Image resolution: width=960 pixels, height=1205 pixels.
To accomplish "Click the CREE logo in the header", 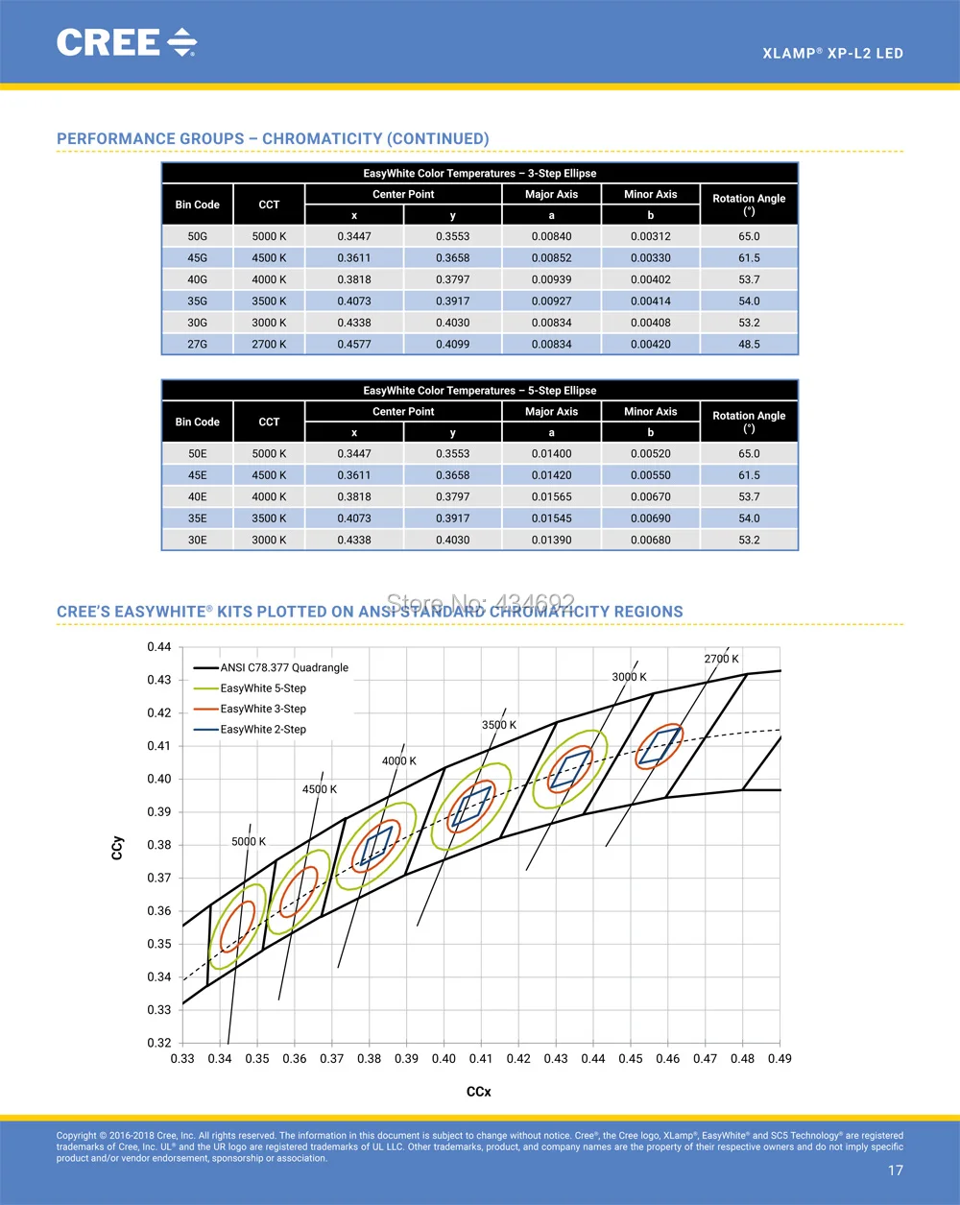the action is [x=127, y=42].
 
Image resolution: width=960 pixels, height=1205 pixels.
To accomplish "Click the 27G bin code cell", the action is [x=197, y=345].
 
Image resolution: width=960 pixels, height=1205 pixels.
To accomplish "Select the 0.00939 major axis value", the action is [x=551, y=279].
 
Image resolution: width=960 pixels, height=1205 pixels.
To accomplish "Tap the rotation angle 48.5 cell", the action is [x=749, y=345].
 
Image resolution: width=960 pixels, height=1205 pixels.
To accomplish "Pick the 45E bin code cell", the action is [x=197, y=475].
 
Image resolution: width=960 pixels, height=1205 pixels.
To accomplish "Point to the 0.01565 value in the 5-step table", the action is [x=551, y=496].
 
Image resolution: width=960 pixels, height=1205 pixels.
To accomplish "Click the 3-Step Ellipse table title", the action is [x=480, y=173].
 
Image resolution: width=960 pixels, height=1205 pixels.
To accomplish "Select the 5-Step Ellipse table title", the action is [x=480, y=390].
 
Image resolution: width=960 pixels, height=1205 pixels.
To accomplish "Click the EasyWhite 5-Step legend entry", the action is [x=250, y=688].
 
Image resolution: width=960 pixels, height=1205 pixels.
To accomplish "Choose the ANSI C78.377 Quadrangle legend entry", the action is [x=271, y=667].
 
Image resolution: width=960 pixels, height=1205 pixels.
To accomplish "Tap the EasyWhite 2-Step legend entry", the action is [x=250, y=729].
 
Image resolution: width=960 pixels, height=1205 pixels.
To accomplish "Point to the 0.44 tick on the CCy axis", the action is [x=159, y=647].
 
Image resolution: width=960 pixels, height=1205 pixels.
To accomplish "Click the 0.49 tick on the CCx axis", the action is [x=780, y=1058].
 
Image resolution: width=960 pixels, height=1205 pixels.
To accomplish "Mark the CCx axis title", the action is [x=479, y=1092].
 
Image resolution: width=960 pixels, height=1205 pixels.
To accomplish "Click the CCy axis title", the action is [x=116, y=848].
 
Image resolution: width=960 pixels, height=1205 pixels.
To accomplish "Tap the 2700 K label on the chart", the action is [x=721, y=659].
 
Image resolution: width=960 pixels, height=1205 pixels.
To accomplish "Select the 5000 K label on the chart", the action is [x=249, y=841].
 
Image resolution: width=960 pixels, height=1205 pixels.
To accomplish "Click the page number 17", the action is [x=895, y=1169].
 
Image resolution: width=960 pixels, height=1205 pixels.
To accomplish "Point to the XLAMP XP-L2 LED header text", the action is [x=833, y=53].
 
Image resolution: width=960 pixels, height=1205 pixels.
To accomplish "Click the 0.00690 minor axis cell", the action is [x=651, y=518].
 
